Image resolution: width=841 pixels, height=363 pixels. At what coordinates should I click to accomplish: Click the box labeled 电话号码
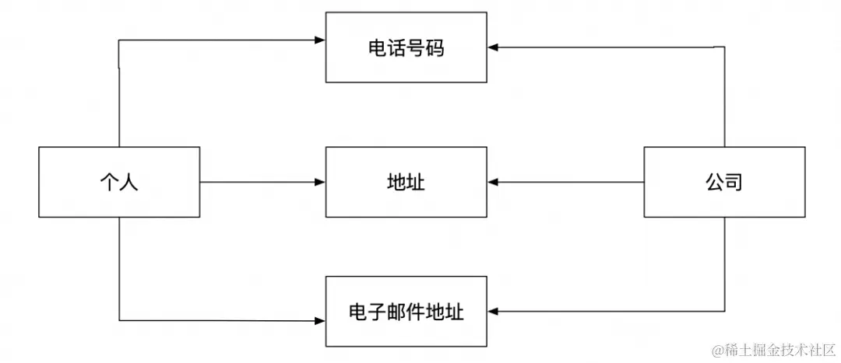[x=406, y=48]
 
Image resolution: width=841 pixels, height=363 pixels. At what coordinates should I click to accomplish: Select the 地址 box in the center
[x=406, y=183]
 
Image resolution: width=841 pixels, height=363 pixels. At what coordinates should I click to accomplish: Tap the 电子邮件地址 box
[x=406, y=312]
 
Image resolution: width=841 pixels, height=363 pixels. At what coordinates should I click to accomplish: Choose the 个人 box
[x=119, y=183]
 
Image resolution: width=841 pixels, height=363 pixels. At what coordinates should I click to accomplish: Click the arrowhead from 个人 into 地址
[x=319, y=183]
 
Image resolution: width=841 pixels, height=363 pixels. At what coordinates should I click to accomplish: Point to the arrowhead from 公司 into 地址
[x=494, y=183]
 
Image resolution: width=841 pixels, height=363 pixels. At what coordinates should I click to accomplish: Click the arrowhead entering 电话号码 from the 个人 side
[x=319, y=40]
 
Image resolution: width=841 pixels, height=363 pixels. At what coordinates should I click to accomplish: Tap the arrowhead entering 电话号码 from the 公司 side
[x=494, y=47]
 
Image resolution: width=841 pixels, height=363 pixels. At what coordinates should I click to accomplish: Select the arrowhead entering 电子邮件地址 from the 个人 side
[x=319, y=319]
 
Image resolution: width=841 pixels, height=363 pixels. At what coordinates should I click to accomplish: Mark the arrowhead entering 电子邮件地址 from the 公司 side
[x=494, y=312]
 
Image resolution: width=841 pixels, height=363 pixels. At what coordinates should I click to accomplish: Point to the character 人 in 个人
[x=129, y=183]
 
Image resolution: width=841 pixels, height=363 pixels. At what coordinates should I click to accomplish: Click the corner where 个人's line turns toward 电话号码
[x=119, y=40]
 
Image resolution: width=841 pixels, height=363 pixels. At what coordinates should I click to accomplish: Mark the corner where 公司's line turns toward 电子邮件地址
[x=725, y=312]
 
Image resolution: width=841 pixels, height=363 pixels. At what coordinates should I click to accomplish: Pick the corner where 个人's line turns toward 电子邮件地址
[x=120, y=319]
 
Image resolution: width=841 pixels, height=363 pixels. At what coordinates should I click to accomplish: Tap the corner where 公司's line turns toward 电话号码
[x=725, y=47]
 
